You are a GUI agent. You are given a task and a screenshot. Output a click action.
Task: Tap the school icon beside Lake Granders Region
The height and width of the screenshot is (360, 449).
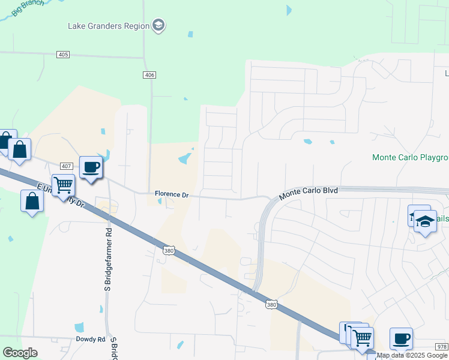[158, 25]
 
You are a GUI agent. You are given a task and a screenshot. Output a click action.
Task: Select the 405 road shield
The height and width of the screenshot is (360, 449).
[64, 55]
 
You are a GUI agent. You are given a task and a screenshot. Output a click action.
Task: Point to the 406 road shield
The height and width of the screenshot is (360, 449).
[149, 74]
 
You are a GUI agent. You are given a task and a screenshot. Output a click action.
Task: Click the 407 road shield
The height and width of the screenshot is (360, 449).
[66, 166]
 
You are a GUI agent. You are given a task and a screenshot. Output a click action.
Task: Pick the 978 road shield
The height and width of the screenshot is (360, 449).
[441, 347]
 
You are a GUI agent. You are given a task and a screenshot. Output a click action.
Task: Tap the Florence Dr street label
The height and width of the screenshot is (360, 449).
[172, 194]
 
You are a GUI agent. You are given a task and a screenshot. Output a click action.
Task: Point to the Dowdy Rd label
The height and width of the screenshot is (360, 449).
[91, 339]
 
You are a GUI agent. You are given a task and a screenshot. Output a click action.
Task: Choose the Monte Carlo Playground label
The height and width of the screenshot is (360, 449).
[410, 158]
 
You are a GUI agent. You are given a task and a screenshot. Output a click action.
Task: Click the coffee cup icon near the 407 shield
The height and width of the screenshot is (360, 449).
[91, 167]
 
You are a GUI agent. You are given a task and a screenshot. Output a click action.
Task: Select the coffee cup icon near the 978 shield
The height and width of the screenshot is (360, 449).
[401, 338]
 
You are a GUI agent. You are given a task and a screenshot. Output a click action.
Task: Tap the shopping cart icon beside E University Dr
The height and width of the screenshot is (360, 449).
[62, 185]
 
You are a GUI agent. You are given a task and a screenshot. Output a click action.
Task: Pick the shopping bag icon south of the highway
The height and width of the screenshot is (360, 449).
[32, 201]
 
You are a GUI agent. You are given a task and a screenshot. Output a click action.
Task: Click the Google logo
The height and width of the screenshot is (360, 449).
[20, 353]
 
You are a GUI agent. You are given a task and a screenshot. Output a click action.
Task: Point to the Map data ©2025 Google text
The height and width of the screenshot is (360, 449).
[412, 356]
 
